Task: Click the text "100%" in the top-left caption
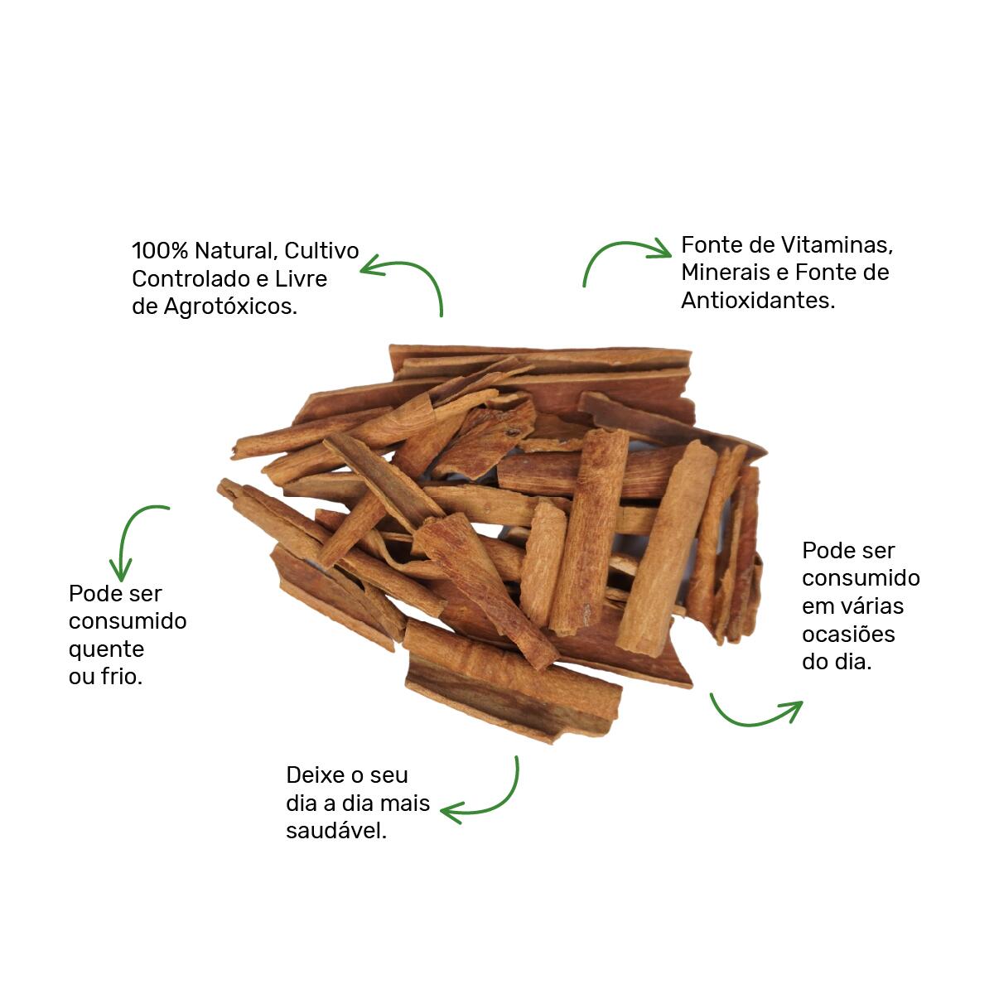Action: click(160, 251)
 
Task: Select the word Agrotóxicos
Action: click(230, 307)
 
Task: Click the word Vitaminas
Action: click(837, 245)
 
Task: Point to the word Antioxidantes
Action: click(758, 301)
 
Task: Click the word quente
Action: click(106, 650)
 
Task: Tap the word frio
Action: click(121, 676)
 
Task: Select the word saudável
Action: click(336, 831)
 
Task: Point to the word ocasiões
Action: click(848, 635)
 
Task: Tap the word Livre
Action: click(302, 279)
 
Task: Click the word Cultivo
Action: click(321, 251)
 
